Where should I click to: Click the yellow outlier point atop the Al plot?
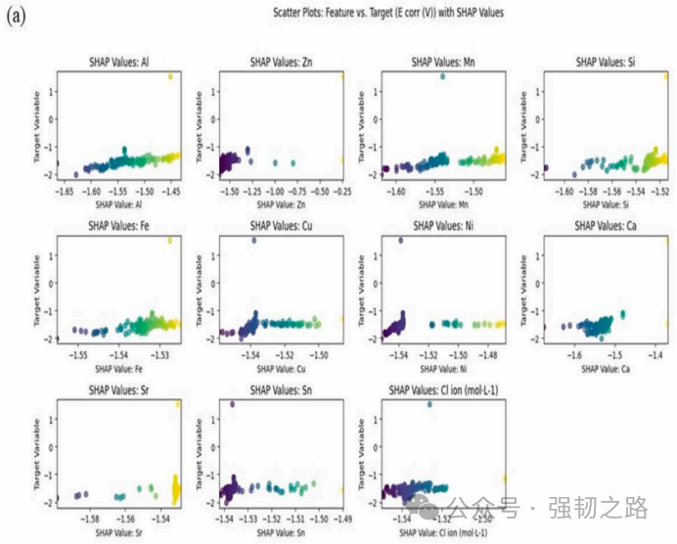(x=170, y=76)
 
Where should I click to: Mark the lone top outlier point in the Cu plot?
(x=254, y=241)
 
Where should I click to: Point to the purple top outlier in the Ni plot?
(x=400, y=241)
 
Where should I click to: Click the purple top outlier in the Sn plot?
(x=232, y=404)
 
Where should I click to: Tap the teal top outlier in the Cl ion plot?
(x=429, y=404)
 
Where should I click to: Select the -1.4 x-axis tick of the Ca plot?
(x=658, y=356)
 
